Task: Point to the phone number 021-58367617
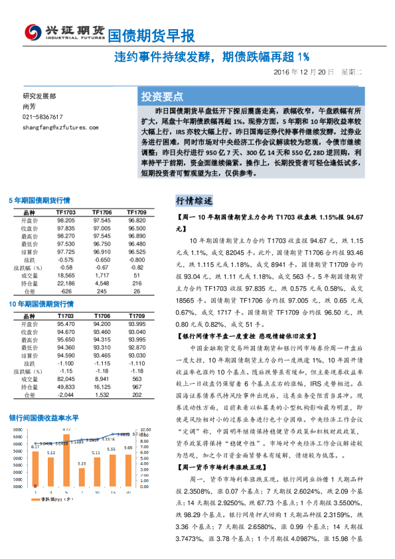pos(42,116)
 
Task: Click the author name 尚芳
pos(29,106)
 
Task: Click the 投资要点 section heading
pos(162,96)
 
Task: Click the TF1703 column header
pos(65,212)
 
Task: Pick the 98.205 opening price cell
pos(65,220)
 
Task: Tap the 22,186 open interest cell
pos(65,283)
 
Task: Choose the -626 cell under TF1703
pos(65,291)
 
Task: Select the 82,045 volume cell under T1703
pos(65,379)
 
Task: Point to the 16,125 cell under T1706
pos(102,387)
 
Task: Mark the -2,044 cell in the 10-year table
pos(65,395)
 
